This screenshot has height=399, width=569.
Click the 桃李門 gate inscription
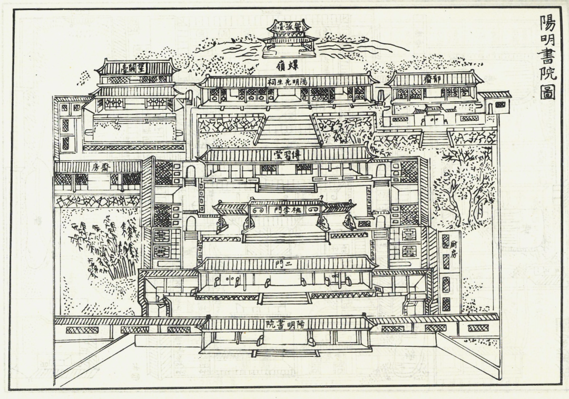(x=284, y=209)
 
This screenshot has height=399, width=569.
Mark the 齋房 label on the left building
(x=99, y=168)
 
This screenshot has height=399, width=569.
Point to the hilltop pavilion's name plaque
(x=289, y=25)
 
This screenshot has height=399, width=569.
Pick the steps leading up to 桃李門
(x=285, y=237)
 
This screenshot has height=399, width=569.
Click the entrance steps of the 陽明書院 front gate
(x=285, y=352)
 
